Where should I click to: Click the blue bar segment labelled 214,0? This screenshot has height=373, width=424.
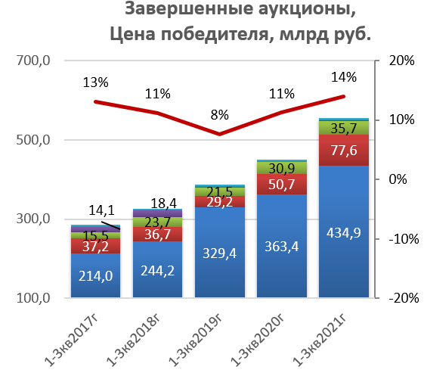tap(95, 275)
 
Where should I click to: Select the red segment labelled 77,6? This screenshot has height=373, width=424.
tap(344, 151)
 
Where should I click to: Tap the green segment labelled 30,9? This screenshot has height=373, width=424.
tap(282, 168)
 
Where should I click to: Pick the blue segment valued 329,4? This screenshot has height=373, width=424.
tap(220, 252)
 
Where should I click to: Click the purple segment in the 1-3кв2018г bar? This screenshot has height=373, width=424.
tap(158, 213)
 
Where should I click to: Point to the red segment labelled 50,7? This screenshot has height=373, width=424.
tap(282, 185)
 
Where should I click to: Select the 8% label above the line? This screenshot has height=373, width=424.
tap(220, 115)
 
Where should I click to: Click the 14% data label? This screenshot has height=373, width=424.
tap(344, 77)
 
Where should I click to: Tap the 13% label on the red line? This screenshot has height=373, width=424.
tap(95, 82)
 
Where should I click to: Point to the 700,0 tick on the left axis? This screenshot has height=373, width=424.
tap(33, 61)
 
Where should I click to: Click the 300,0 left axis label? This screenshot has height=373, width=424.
tap(33, 219)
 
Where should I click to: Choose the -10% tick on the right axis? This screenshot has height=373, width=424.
tap(404, 239)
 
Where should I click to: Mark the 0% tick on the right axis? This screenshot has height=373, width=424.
tap(398, 179)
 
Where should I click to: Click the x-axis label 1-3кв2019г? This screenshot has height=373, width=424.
tap(195, 340)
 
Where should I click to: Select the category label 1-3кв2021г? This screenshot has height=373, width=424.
tap(320, 340)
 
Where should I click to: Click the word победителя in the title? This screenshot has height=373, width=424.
tap(215, 35)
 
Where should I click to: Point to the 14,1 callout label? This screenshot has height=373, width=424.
tap(101, 210)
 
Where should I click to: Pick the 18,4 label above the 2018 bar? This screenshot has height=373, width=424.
tap(163, 204)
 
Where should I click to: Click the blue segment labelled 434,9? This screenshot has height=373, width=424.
tap(344, 232)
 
